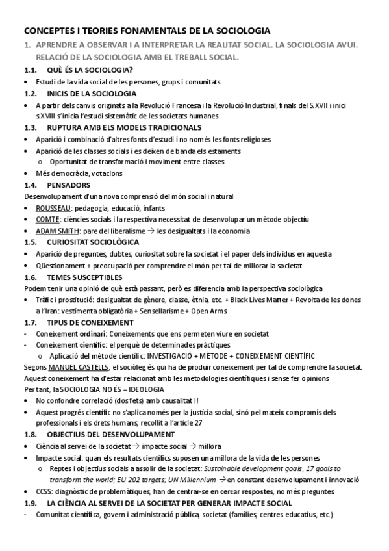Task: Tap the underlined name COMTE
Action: (x=47, y=220)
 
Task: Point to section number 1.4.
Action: (x=30, y=185)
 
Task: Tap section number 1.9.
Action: (x=30, y=504)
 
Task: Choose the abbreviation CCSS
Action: (x=45, y=492)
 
